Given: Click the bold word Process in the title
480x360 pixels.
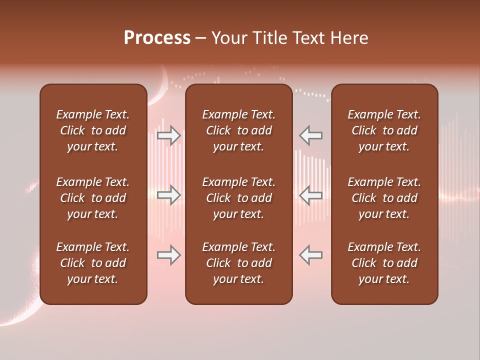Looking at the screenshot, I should click(157, 38).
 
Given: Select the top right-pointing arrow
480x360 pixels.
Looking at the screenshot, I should click(169, 135).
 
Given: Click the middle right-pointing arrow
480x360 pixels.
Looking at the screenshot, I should click(169, 195).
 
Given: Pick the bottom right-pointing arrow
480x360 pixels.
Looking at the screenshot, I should click(169, 255).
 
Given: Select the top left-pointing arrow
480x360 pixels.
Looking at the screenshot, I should click(311, 135).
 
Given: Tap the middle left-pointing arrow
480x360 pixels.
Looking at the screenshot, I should click(311, 195).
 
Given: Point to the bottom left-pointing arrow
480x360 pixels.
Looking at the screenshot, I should click(311, 255).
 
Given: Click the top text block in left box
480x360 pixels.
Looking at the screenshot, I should click(93, 130).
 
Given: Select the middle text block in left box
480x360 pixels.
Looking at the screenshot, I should click(93, 198).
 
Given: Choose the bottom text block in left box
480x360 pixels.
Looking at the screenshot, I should click(93, 263).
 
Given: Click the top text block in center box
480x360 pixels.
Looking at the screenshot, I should click(238, 130).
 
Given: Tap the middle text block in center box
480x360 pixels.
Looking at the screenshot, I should click(238, 198).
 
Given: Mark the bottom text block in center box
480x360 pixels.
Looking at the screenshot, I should click(238, 263).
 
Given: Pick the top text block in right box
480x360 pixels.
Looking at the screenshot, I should click(384, 130).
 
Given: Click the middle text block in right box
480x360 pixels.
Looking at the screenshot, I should click(384, 198).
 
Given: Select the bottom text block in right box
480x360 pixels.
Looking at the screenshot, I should click(384, 263).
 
